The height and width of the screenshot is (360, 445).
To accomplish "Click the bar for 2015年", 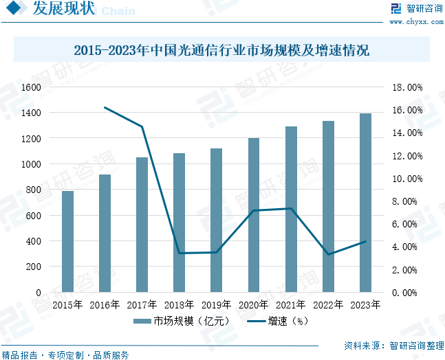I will coord(67,241).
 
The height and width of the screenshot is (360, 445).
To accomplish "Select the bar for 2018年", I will coord(179,223).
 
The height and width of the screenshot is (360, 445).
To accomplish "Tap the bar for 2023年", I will coord(365,203).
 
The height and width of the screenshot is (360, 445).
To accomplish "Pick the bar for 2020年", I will coord(254,215).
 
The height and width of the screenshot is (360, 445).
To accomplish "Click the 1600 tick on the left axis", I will coord(30,87).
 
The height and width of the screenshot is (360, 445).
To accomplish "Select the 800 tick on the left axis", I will coord(33,190).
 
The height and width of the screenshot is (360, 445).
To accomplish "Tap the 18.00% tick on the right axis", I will coord(406,88).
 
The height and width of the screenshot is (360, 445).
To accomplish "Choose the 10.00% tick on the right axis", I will coord(406,179).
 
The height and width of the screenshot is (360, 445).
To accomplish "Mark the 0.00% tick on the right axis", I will coord(406,293).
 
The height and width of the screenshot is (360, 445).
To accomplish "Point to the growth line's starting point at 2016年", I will coord(105,107).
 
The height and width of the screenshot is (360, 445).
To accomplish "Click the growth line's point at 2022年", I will coord(328,255).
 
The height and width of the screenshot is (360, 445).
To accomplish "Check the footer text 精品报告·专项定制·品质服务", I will coord(66,355).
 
